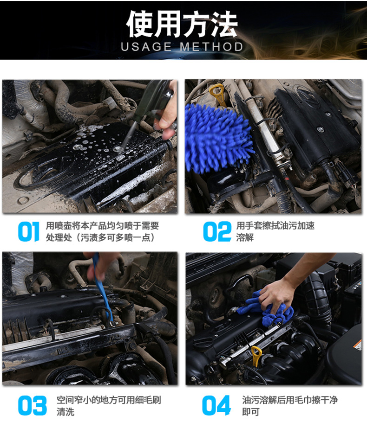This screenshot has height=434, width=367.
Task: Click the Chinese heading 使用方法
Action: coord(182,24)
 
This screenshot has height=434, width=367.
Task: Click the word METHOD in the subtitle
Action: coord(212,47)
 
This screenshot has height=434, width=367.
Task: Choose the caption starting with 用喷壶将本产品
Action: coord(102,231)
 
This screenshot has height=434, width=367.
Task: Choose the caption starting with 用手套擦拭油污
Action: coord(275,231)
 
